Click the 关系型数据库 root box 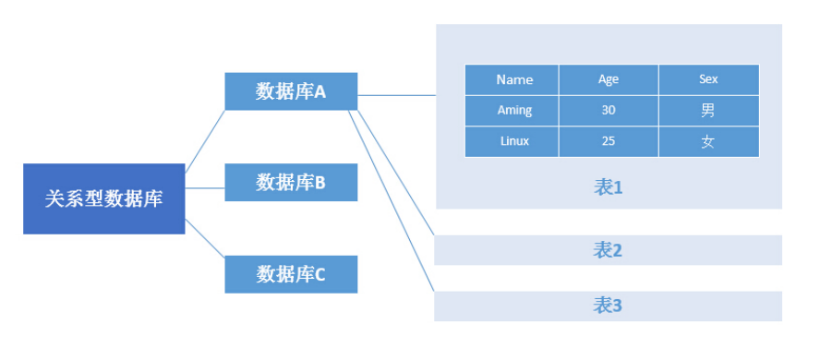(103, 198)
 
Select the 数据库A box (291, 91)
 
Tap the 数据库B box (291, 183)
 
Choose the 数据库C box (291, 274)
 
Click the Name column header (514, 79)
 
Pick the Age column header (608, 79)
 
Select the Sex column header (708, 79)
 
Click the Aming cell (514, 111)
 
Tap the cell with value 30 (608, 111)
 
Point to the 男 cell (708, 111)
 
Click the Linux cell (514, 142)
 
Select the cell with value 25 (608, 142)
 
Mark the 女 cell (708, 142)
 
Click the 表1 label (608, 187)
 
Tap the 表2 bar (608, 250)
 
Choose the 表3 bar (608, 306)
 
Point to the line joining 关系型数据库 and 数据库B (205, 188)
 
